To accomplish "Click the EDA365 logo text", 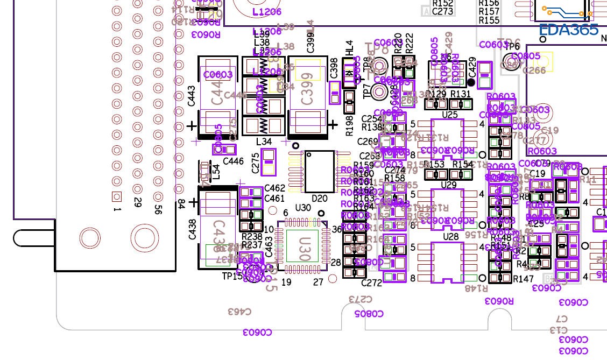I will [568, 29].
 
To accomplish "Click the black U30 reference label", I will [303, 208].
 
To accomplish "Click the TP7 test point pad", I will [380, 93].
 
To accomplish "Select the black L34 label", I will [264, 142].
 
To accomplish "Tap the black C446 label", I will [233, 161].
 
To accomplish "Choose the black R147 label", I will [523, 279].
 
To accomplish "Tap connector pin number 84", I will [181, 204].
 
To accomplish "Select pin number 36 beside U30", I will [337, 229].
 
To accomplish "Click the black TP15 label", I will [232, 276].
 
